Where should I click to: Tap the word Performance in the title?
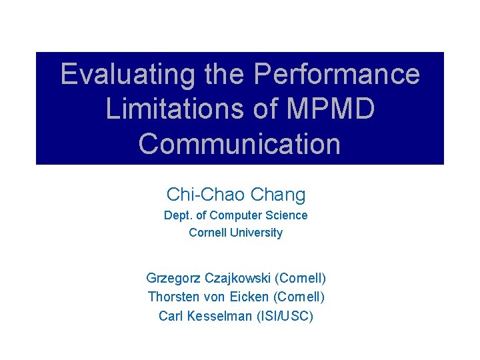click(x=337, y=74)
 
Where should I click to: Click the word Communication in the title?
click(x=239, y=143)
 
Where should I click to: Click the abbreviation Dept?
click(x=177, y=216)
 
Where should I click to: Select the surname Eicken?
click(x=246, y=297)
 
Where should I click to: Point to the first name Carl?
click(x=171, y=315)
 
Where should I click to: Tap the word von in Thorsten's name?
click(x=212, y=297)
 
